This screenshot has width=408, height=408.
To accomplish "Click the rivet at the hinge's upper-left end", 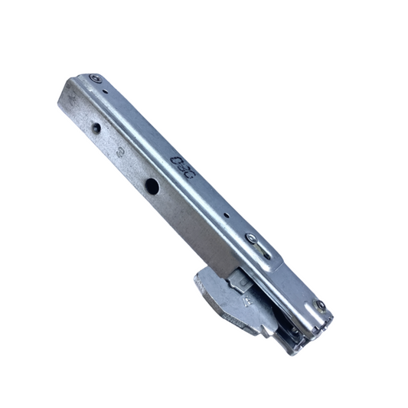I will coord(95,78).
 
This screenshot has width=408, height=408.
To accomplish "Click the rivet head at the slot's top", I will coord(251,238).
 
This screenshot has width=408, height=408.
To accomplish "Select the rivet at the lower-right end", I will coord(320,305).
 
